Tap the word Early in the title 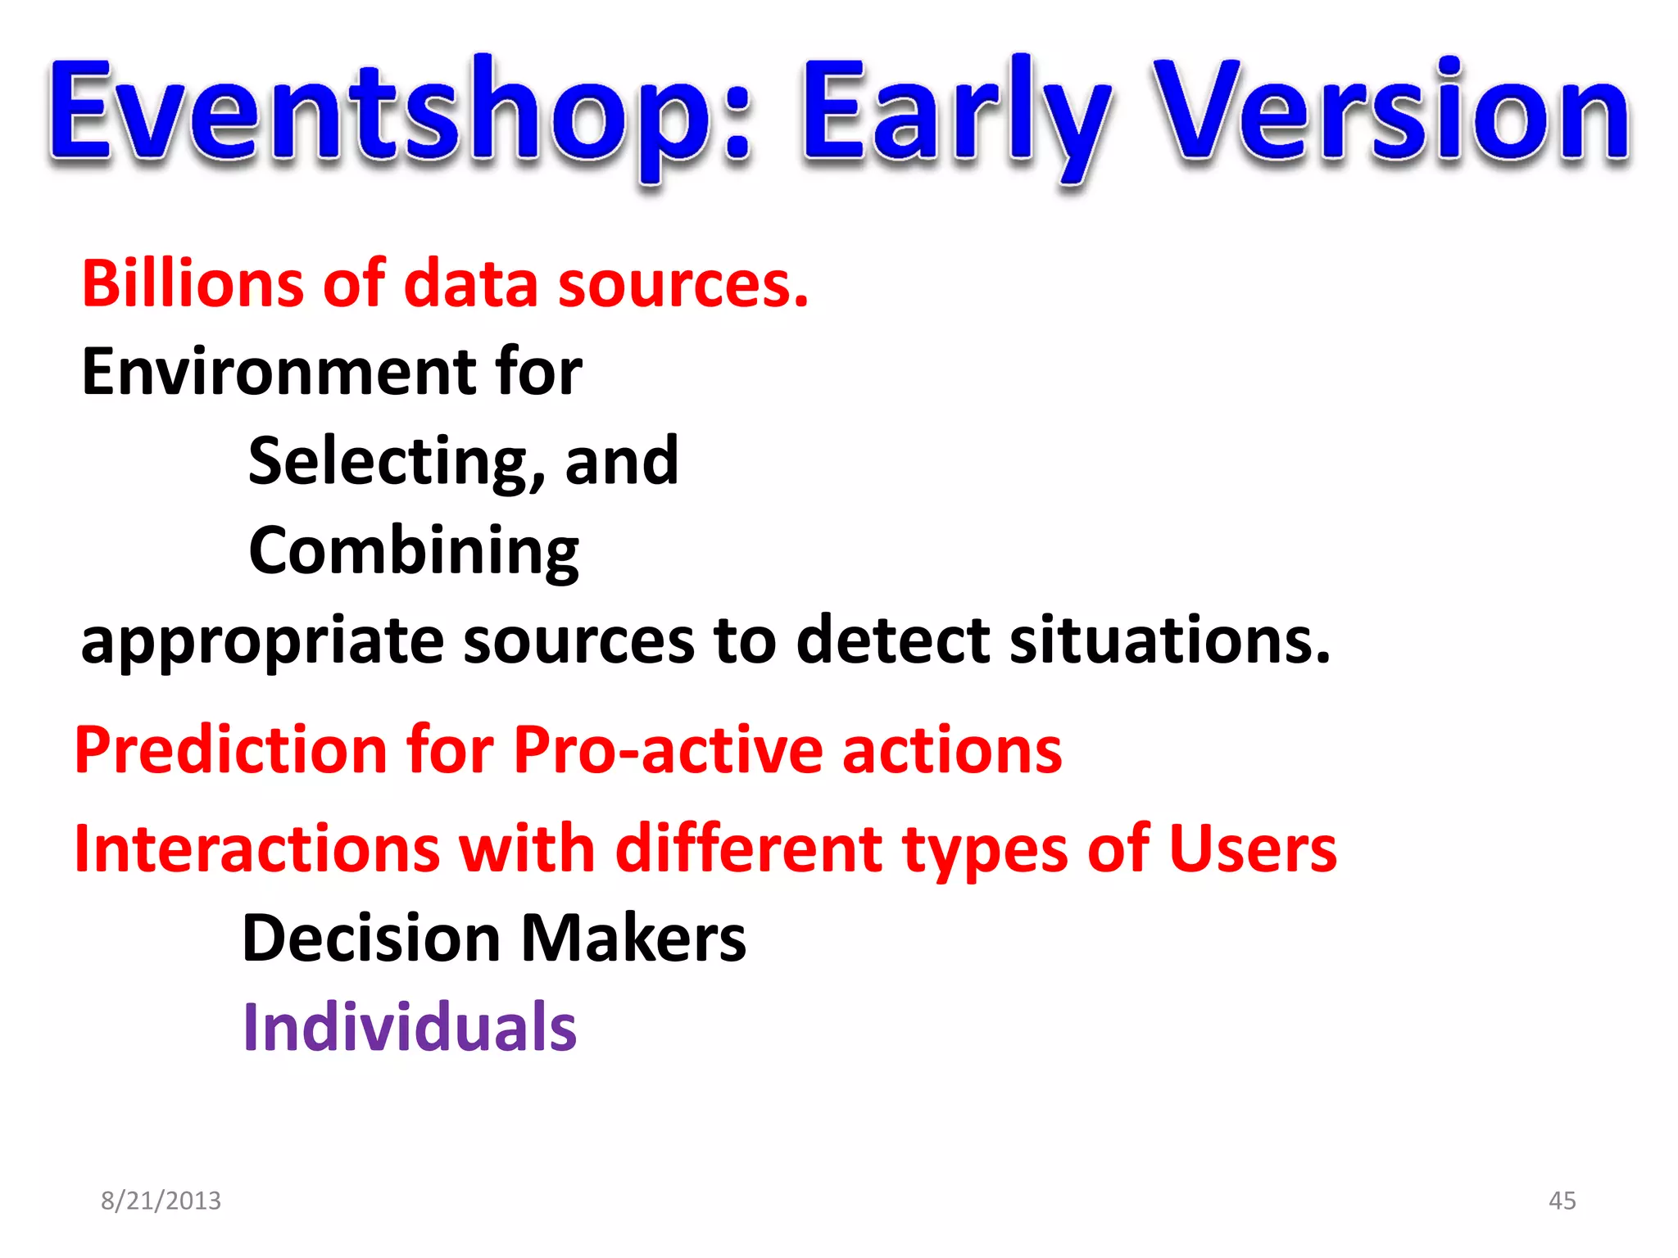[x=955, y=115]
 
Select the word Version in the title [x=1393, y=111]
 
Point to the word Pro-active [x=668, y=750]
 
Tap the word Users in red [x=1253, y=849]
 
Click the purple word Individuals [x=410, y=1027]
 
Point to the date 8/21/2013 [x=161, y=1201]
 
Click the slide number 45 [x=1562, y=1201]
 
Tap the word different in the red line [x=749, y=849]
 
